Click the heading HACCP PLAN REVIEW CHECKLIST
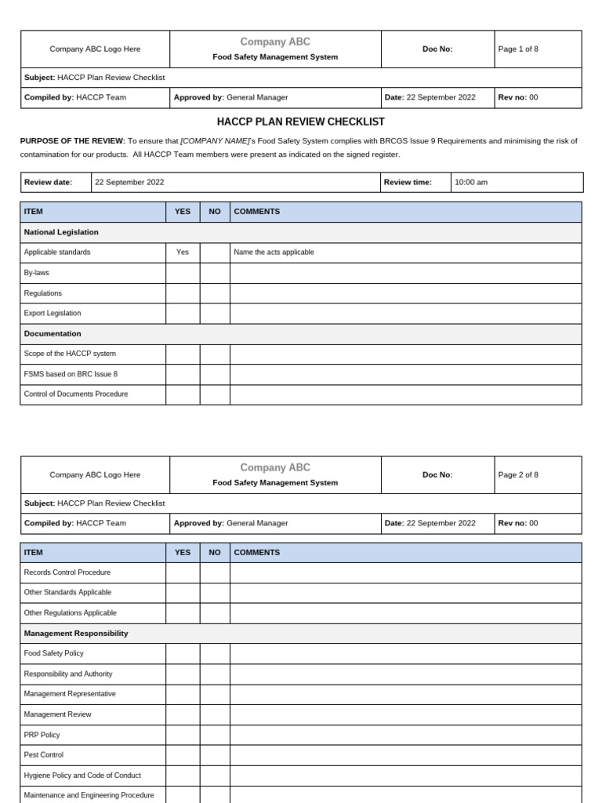click(300, 122)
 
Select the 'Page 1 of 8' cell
click(518, 49)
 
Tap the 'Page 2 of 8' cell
click(518, 474)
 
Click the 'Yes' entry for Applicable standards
click(183, 253)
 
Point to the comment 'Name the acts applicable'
click(274, 253)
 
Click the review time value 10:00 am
click(471, 182)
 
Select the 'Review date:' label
click(48, 182)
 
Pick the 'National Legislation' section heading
click(61, 232)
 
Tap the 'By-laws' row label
click(37, 273)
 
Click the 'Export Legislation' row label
click(53, 313)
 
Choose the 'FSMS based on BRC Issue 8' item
click(71, 374)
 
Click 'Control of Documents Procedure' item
click(76, 394)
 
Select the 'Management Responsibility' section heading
click(76, 633)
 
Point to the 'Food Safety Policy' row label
click(54, 653)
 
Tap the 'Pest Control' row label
click(44, 754)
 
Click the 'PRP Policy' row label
click(42, 735)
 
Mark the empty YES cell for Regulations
click(183, 293)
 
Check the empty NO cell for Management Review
click(215, 714)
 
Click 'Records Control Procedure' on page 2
click(67, 572)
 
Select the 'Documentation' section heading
click(53, 333)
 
